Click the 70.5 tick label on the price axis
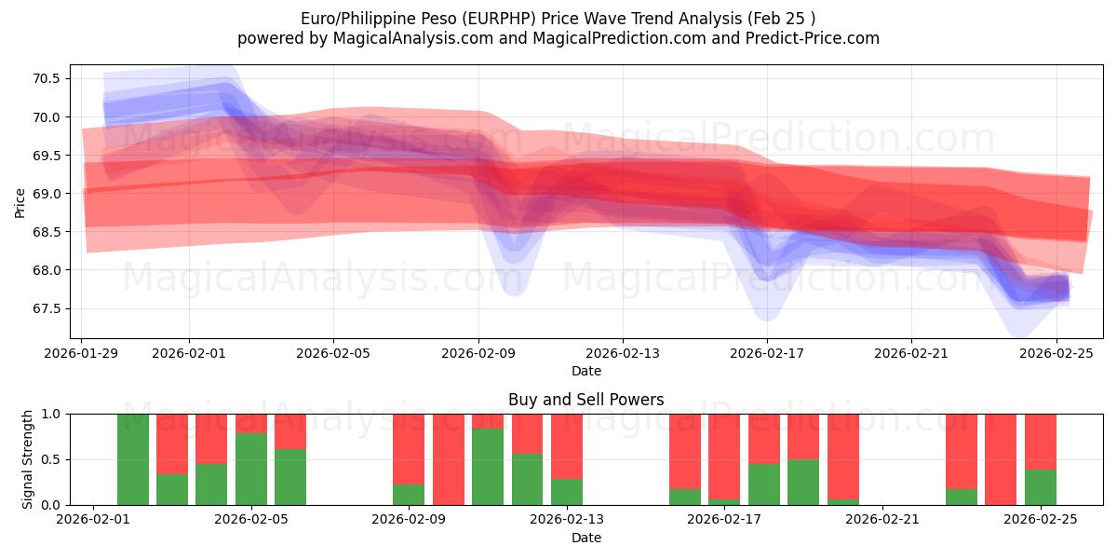point(46,78)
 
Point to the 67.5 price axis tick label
point(46,308)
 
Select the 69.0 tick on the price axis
point(46,194)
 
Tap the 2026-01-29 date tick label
point(82,353)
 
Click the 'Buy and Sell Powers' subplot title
point(586,400)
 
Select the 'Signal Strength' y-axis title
point(28,458)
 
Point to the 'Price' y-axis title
point(20,201)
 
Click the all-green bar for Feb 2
point(133,459)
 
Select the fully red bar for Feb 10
point(449,459)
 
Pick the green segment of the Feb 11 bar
point(488,467)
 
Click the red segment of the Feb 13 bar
point(567,446)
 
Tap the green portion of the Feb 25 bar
point(1041,487)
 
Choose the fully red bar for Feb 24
point(1001,459)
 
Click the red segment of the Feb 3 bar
point(172,443)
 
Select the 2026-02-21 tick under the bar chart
point(882,520)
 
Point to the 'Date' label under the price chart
point(586,371)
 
